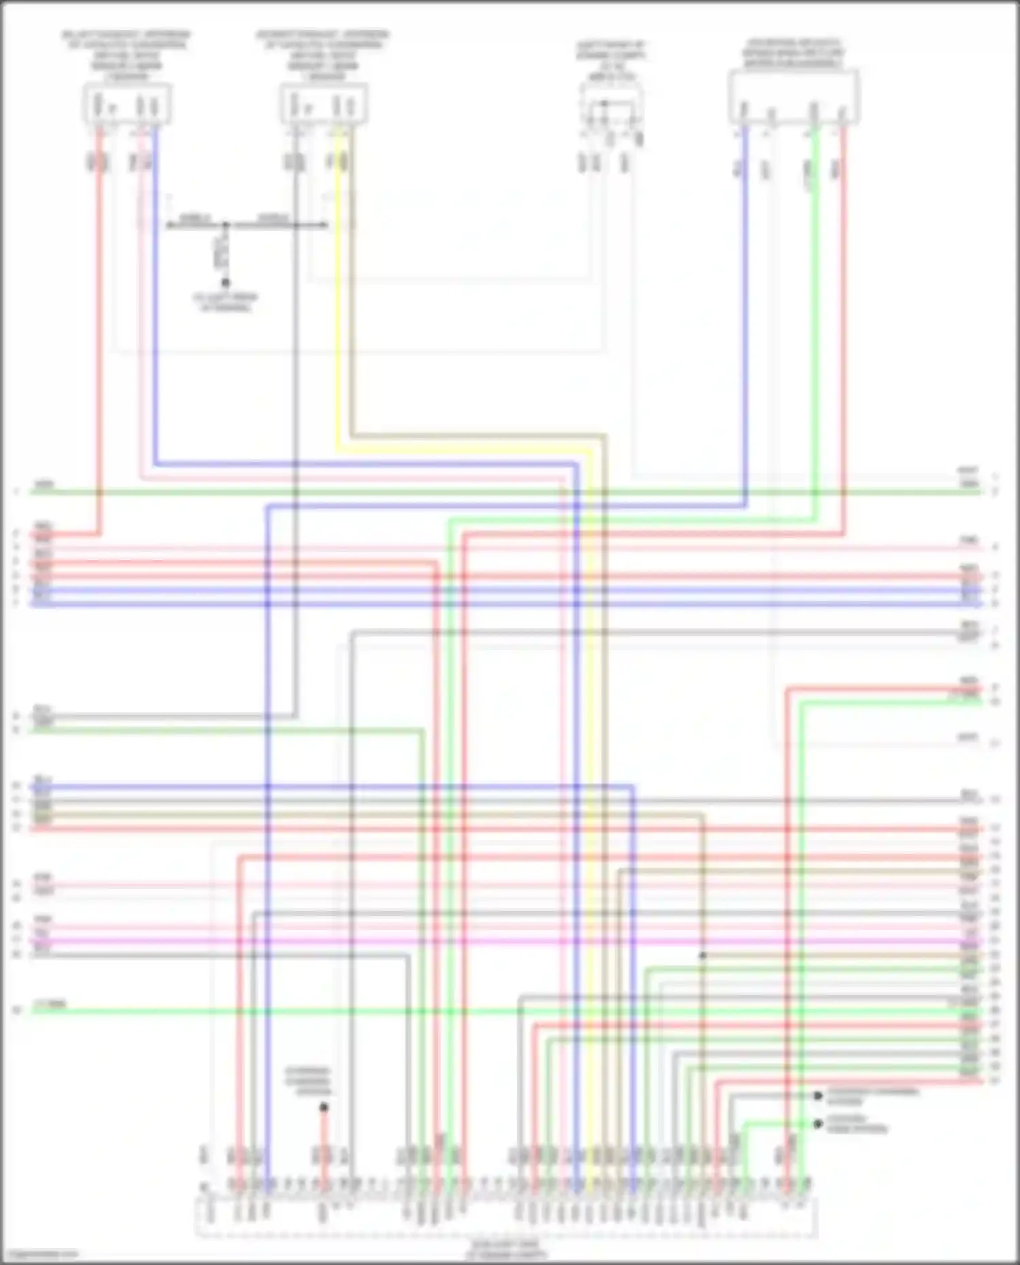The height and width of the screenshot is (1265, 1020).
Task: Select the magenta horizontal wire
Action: click(476, 942)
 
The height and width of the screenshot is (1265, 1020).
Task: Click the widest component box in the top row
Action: click(793, 97)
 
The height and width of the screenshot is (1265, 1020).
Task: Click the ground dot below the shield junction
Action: click(225, 283)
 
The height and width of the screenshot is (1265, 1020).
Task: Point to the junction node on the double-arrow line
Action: click(226, 225)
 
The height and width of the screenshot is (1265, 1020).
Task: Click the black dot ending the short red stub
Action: click(324, 1108)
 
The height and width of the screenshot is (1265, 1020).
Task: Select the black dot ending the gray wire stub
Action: click(818, 1096)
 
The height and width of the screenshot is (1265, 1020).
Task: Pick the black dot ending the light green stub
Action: click(818, 1124)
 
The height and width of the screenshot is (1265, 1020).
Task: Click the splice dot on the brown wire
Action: click(702, 956)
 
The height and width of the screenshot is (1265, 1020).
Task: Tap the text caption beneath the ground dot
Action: click(225, 302)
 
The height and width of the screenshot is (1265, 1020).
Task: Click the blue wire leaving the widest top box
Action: click(746, 306)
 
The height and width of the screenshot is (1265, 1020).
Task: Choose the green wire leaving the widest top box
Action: click(816, 306)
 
